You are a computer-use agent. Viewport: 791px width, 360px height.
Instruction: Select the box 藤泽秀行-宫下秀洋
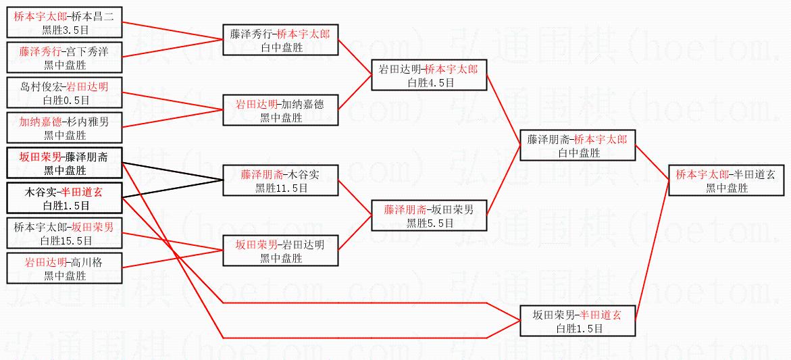[x=65, y=57]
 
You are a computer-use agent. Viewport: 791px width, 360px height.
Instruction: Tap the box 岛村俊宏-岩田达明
[x=65, y=93]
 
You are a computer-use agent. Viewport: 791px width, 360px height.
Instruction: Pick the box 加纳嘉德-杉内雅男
[x=65, y=128]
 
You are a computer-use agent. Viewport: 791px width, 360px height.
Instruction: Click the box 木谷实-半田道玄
[x=65, y=198]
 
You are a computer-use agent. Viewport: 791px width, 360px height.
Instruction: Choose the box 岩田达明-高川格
[x=65, y=268]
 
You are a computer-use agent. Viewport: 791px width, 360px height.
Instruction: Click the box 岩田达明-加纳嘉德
[x=280, y=111]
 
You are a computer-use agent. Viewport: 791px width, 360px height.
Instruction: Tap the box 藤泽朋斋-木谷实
[x=280, y=180]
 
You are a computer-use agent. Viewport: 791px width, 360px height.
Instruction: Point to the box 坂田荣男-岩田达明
[x=280, y=251]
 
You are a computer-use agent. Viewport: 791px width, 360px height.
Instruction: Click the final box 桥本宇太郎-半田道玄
[x=726, y=181]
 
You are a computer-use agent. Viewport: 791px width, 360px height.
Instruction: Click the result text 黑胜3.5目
[x=65, y=30]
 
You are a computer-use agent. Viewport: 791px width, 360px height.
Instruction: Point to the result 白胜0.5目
[x=65, y=100]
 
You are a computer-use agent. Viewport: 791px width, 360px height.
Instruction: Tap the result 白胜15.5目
[x=65, y=240]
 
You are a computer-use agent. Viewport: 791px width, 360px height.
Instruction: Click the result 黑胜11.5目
[x=281, y=188]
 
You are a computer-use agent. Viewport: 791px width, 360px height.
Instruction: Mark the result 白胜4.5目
[x=430, y=82]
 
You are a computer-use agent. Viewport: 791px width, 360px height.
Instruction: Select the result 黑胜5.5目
[x=430, y=223]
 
